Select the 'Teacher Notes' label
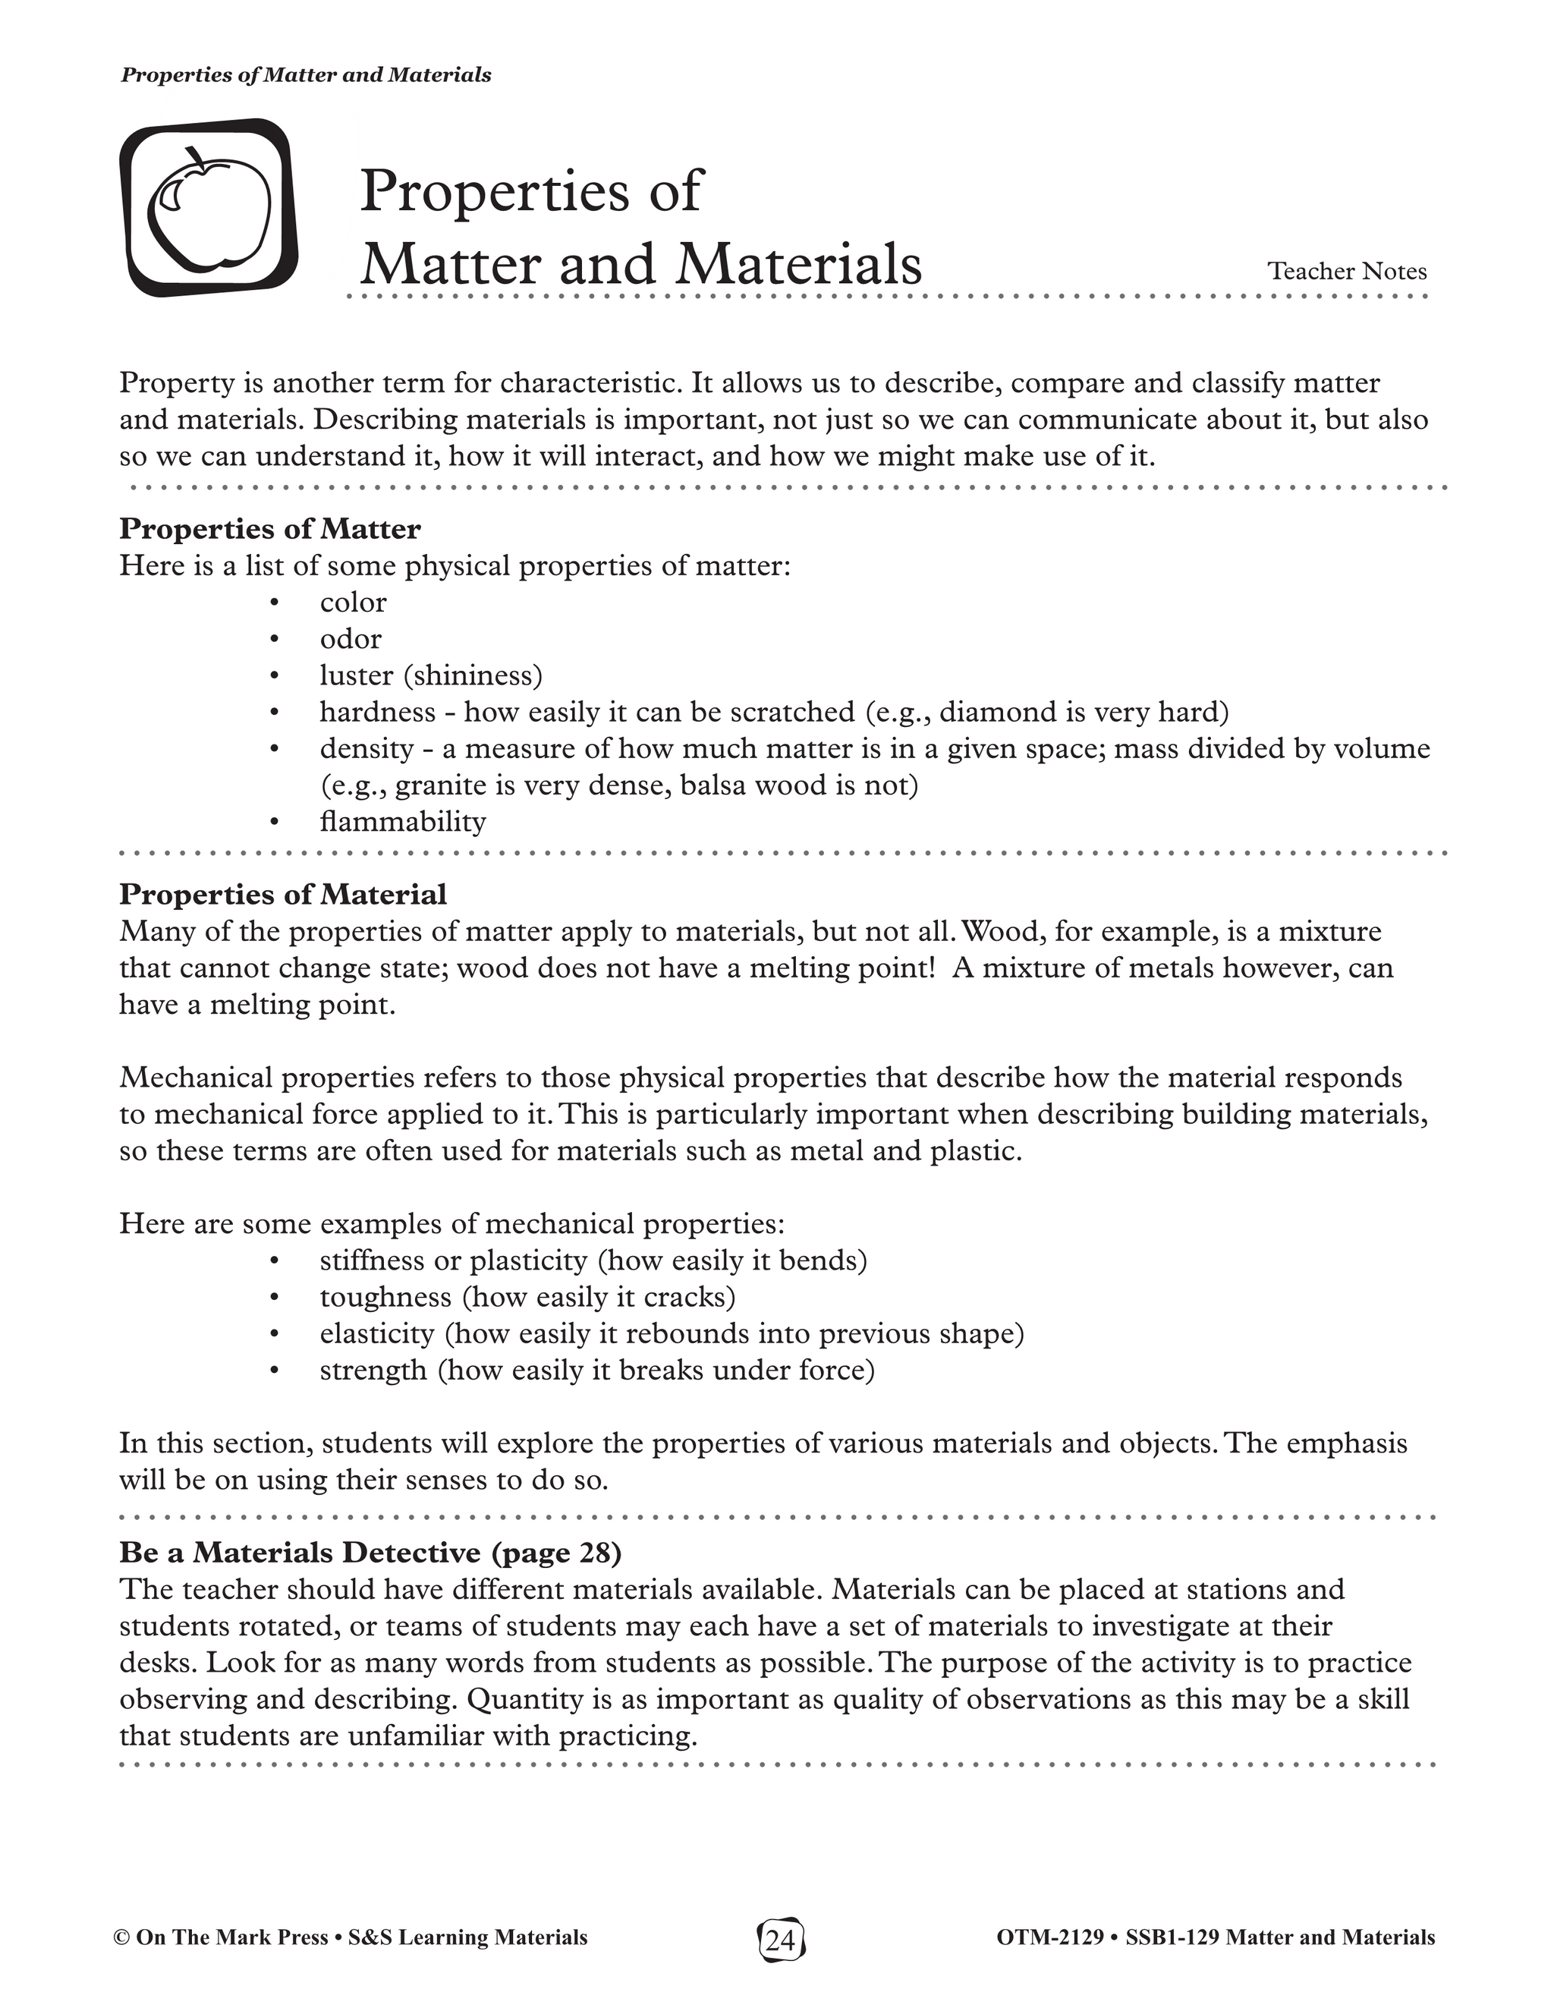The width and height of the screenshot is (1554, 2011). point(1347,271)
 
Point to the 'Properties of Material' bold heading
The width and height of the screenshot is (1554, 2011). point(282,894)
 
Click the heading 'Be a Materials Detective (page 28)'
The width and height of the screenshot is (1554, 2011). point(370,1553)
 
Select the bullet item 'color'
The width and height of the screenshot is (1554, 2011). point(354,603)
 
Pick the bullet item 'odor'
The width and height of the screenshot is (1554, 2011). point(351,639)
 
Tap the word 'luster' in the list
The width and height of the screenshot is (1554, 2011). point(357,676)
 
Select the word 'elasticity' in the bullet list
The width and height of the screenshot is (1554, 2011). point(377,1334)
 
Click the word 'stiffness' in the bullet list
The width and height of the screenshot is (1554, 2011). point(373,1260)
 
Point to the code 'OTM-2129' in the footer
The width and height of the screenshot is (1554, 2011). point(1049,1937)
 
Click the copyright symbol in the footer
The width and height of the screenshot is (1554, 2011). point(121,1938)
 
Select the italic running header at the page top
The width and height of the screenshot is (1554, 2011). point(306,75)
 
